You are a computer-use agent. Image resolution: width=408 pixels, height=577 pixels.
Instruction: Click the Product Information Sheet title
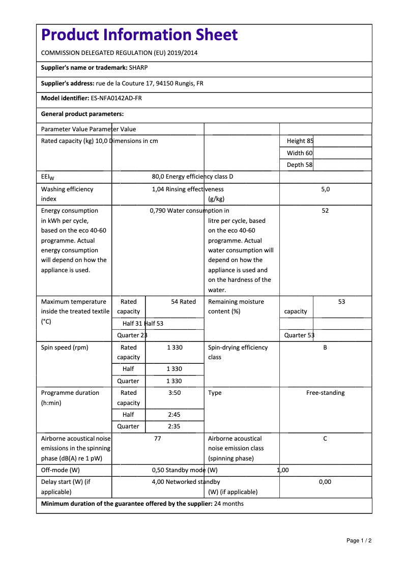(139, 35)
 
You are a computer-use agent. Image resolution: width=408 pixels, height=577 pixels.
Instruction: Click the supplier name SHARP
(138, 68)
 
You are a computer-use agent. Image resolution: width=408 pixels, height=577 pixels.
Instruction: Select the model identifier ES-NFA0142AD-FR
(116, 98)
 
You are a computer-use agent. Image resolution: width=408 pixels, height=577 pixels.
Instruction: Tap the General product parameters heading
(82, 114)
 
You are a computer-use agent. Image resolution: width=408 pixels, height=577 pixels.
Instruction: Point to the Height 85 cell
(300, 141)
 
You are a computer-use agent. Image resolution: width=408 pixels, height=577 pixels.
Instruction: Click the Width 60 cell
(300, 153)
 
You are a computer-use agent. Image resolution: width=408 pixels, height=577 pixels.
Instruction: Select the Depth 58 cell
(300, 165)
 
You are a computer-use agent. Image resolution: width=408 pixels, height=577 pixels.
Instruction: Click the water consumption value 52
(325, 211)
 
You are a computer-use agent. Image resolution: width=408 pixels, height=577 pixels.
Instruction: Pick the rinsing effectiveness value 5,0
(325, 189)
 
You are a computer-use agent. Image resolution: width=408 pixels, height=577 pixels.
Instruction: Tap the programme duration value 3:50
(174, 393)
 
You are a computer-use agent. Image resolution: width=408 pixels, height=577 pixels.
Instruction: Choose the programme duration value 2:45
(174, 415)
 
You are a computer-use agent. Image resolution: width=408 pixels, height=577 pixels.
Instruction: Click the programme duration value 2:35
(174, 426)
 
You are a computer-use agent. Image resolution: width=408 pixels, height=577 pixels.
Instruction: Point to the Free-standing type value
(325, 393)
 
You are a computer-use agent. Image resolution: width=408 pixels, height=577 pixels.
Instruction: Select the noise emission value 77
(158, 439)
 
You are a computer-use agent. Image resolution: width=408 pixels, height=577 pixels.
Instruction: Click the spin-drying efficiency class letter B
(325, 348)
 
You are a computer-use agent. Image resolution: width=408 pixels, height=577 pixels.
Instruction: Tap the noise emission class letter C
(325, 439)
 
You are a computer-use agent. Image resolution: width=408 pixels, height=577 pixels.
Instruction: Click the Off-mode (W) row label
(61, 470)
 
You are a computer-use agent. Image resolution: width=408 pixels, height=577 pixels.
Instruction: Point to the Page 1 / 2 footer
(359, 540)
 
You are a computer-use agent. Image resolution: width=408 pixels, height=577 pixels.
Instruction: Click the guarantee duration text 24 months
(229, 504)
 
